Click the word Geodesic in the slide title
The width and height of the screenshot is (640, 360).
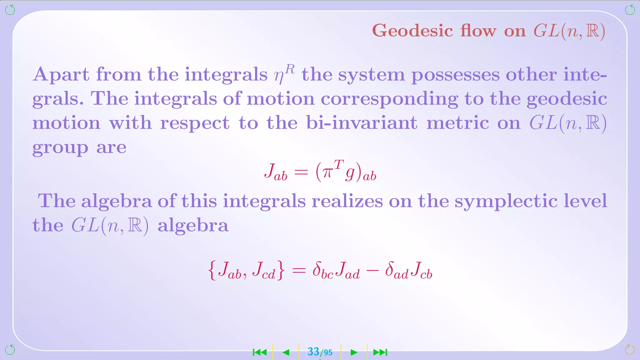[x=412, y=31]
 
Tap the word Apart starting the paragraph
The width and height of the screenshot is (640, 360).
[x=61, y=75]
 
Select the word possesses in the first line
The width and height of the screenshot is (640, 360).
[x=455, y=75]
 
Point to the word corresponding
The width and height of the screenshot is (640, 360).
[x=389, y=99]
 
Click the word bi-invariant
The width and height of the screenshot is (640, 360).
[x=362, y=122]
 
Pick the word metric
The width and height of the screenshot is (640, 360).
[x=458, y=122]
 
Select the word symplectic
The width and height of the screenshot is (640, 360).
[x=506, y=202]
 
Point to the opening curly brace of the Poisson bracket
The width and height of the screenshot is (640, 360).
[x=212, y=271]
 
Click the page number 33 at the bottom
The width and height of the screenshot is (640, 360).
[x=313, y=352]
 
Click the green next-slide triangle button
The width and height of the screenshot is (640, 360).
[x=354, y=352]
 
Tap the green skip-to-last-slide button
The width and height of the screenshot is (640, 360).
[x=380, y=352]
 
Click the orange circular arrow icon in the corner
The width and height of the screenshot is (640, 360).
[x=630, y=349]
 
